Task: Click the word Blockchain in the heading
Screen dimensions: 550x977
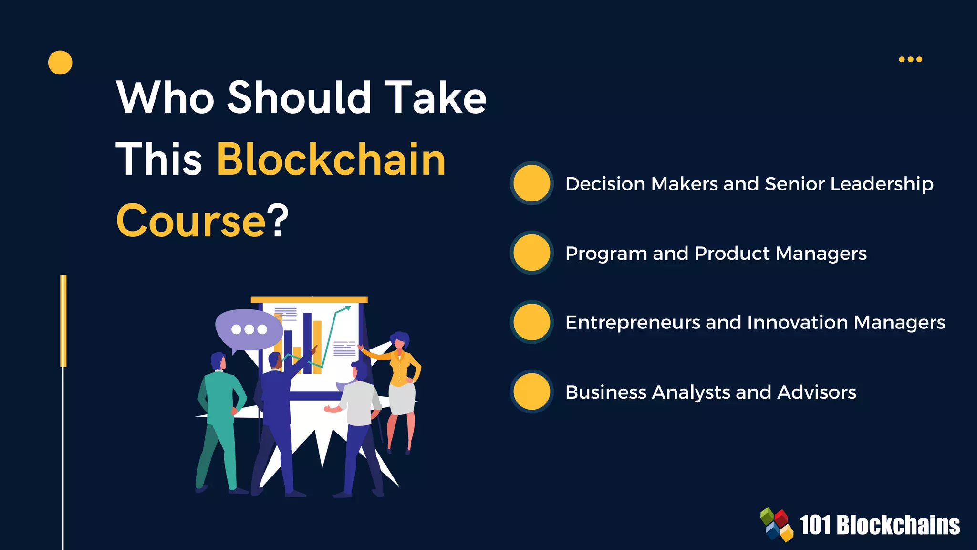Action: (x=331, y=159)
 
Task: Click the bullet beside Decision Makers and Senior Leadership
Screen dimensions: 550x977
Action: (x=531, y=183)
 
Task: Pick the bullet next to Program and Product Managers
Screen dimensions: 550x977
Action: (x=531, y=253)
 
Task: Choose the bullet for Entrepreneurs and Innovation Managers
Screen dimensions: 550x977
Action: (x=531, y=322)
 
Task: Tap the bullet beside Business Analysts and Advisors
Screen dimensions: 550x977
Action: (x=531, y=391)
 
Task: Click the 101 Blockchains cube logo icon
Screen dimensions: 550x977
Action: (x=777, y=525)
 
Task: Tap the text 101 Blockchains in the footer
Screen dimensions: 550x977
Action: (x=879, y=525)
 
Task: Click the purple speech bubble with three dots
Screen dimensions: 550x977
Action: (x=248, y=329)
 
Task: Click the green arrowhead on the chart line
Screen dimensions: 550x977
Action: (x=348, y=308)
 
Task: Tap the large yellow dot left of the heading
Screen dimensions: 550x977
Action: (x=60, y=63)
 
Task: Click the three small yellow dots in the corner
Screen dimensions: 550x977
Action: (x=910, y=59)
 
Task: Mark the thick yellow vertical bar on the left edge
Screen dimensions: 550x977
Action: (x=63, y=321)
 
